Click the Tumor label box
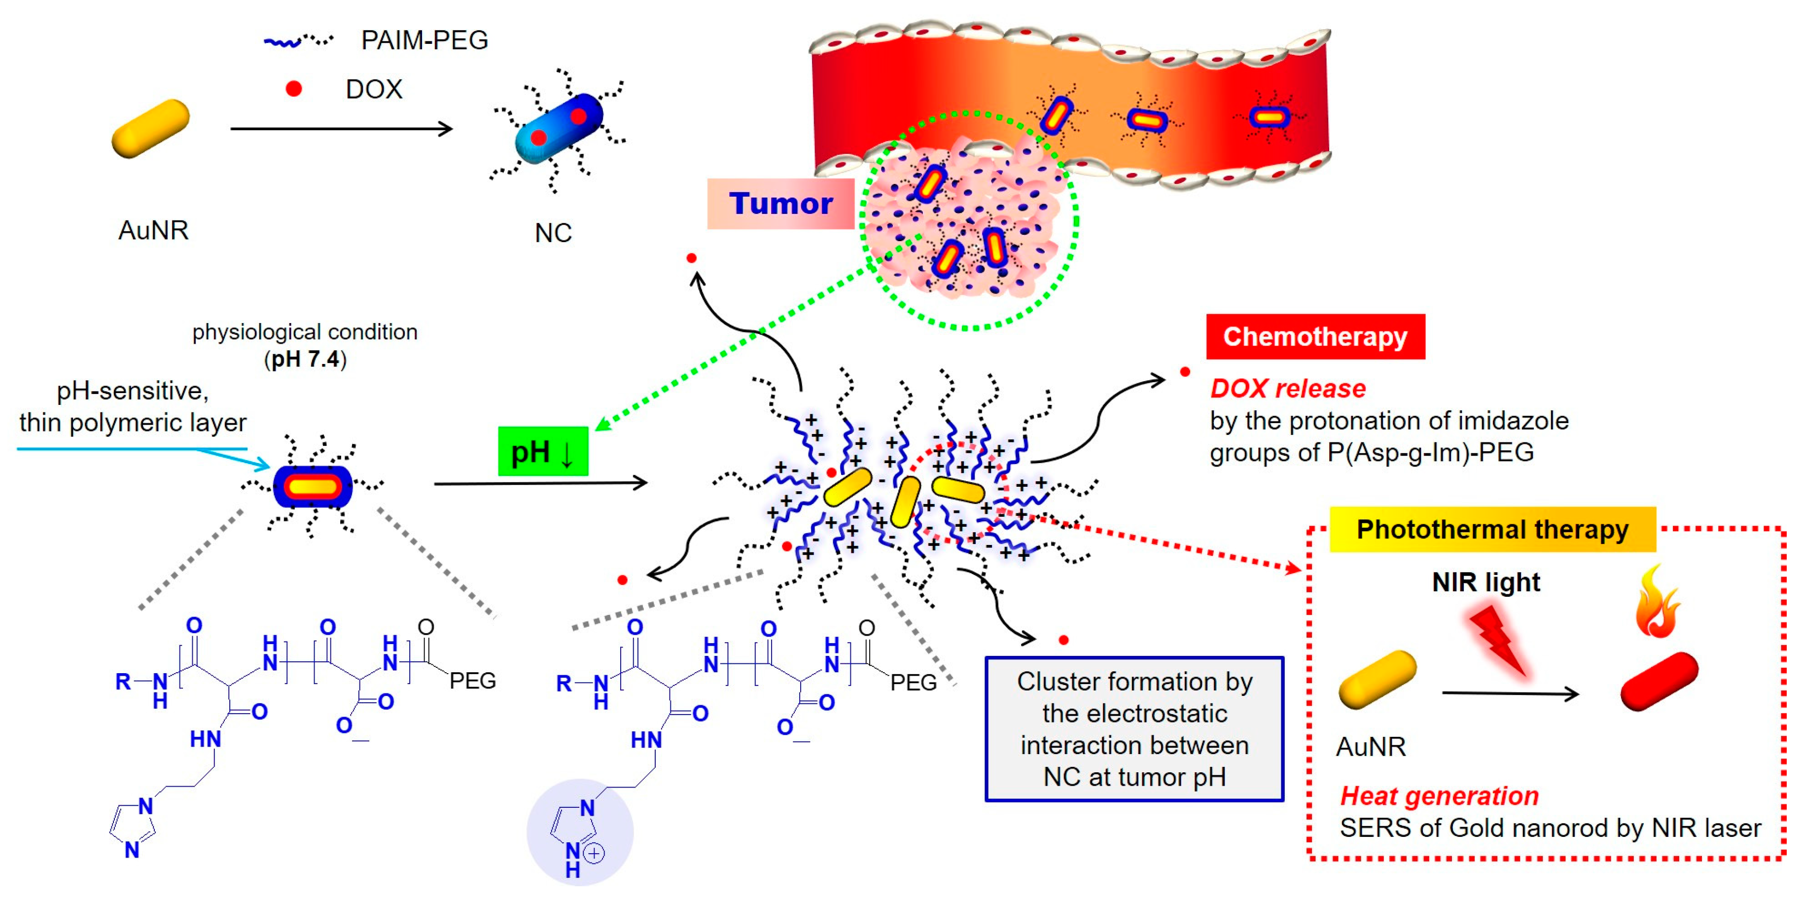(x=780, y=204)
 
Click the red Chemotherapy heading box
(x=1314, y=336)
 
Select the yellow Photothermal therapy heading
(x=1491, y=530)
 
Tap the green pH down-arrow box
(x=543, y=452)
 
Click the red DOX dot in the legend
(x=294, y=89)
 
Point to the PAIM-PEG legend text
(x=424, y=40)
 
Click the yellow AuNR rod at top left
(x=150, y=129)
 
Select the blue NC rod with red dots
(x=558, y=129)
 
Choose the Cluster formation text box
(x=1134, y=728)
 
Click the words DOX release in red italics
(x=1288, y=388)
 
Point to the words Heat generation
(x=1439, y=796)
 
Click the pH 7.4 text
(x=305, y=359)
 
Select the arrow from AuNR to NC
(x=341, y=129)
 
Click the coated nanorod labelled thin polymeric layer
(x=312, y=486)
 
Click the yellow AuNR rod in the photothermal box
(x=1377, y=679)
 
